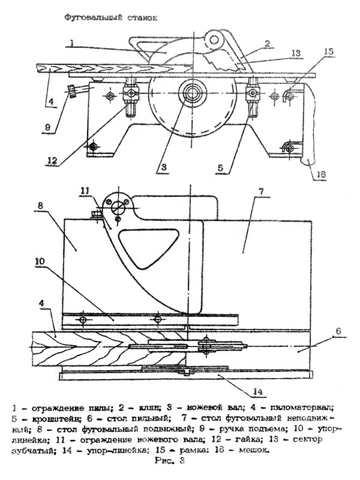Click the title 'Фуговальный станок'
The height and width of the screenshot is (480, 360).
click(x=111, y=19)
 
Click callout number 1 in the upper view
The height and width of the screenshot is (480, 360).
click(x=71, y=43)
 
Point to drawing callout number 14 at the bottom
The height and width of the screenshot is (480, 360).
click(x=257, y=392)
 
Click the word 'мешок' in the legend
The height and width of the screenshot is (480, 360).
click(x=253, y=449)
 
